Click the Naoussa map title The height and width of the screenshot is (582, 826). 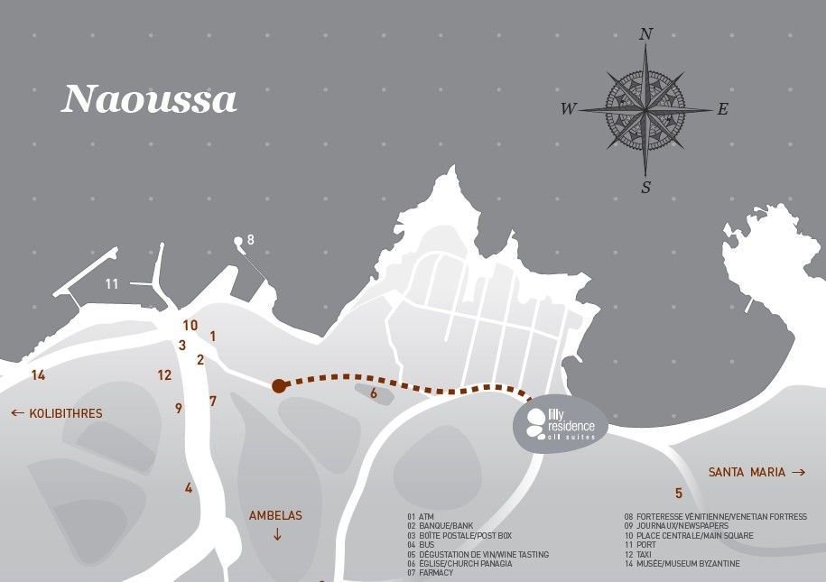(149, 99)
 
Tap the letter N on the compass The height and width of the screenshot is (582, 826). (645, 34)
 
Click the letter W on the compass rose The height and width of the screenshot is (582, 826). (568, 110)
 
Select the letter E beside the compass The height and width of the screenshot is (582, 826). (722, 110)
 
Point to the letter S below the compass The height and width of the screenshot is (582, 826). (645, 187)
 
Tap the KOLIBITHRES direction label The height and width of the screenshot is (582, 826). (56, 414)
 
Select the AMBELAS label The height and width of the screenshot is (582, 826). (275, 516)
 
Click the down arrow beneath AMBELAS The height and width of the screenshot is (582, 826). (276, 534)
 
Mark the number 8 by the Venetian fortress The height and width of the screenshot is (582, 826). (250, 239)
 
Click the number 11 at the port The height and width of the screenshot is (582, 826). (112, 284)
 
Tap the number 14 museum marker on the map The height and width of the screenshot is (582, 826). (38, 374)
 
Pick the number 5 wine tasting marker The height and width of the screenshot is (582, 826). (678, 494)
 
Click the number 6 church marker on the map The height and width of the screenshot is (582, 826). (373, 393)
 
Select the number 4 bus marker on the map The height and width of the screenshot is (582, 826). (189, 488)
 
